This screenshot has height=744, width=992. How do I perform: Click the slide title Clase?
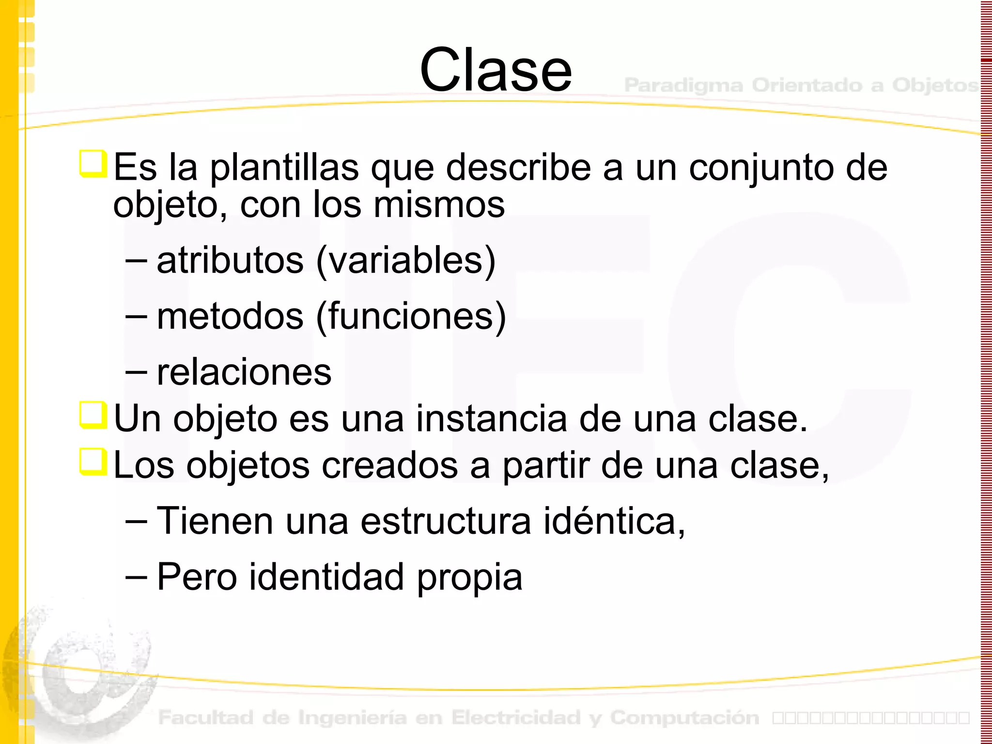496,70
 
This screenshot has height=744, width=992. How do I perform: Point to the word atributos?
230,261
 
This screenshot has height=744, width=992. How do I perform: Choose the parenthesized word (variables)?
406,261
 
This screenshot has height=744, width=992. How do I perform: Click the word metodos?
230,316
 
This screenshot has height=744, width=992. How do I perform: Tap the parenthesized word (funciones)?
411,316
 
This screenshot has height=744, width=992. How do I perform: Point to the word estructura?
446,521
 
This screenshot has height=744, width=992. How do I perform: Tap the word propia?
469,577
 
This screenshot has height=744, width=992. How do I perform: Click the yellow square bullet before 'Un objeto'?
93,415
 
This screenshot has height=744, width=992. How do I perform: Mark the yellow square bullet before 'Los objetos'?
93,462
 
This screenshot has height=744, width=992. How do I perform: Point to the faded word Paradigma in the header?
683,85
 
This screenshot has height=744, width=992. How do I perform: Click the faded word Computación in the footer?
684,717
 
